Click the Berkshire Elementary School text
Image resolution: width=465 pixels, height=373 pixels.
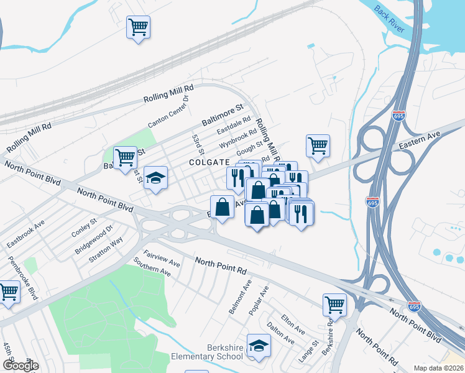click(207, 352)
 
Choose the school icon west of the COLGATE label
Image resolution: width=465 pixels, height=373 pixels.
click(155, 178)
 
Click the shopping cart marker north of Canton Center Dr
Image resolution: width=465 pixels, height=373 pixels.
click(138, 27)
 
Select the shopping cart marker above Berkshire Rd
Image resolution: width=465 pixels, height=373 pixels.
click(334, 305)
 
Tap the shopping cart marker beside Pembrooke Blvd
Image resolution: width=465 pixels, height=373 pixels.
click(9, 292)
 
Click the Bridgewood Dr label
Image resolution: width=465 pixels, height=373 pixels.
click(94, 239)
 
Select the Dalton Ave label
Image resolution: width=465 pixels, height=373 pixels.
click(280, 333)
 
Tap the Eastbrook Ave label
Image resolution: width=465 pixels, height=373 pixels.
click(22, 232)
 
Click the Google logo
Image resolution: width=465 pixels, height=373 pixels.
click(21, 366)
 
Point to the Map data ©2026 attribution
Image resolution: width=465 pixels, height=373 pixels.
click(439, 368)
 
